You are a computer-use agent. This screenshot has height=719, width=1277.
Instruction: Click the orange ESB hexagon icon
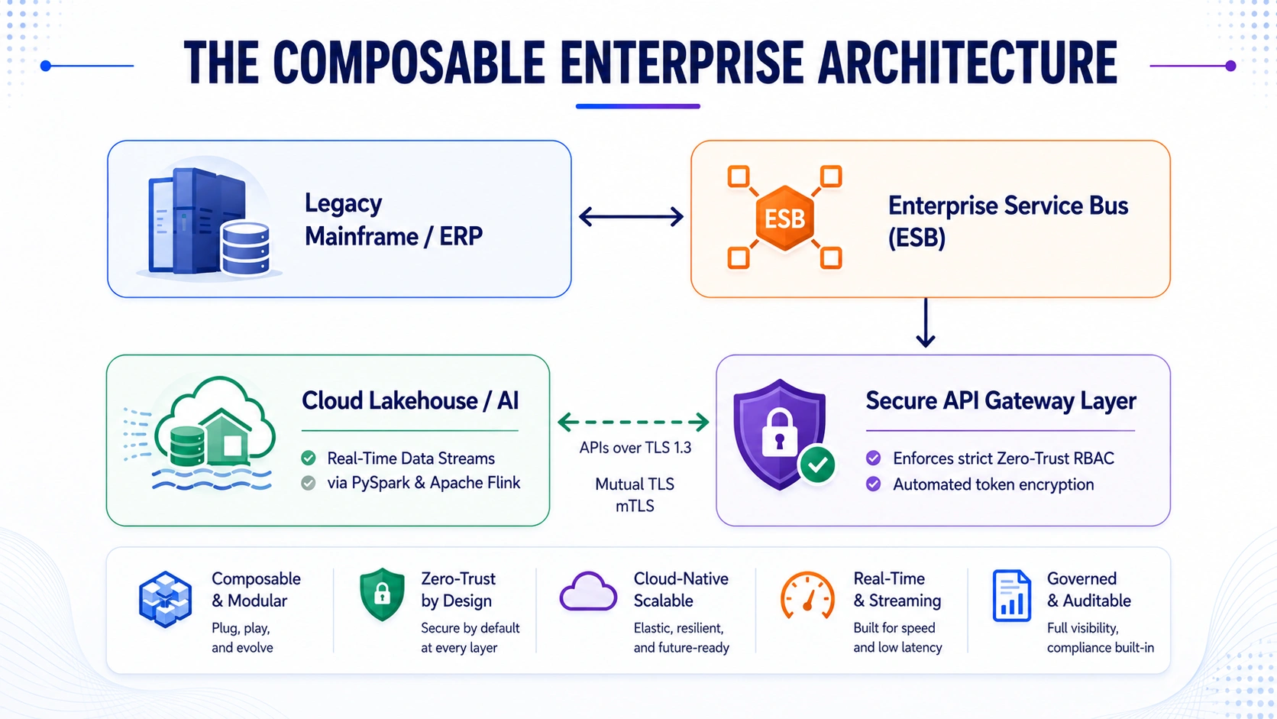point(784,218)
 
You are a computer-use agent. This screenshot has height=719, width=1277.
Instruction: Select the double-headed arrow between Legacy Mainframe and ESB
point(631,217)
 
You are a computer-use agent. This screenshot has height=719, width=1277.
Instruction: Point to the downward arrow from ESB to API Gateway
point(925,322)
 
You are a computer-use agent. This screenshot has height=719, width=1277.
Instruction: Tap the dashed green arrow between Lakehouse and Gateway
point(633,422)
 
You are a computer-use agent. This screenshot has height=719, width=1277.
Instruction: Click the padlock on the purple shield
point(779,432)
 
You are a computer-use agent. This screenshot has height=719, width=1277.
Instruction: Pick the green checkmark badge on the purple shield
point(817,465)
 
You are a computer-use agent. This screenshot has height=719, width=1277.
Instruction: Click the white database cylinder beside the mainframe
point(246,248)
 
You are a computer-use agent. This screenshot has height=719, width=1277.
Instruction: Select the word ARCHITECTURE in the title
point(968,63)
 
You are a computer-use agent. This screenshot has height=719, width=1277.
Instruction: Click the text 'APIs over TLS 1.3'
point(635,448)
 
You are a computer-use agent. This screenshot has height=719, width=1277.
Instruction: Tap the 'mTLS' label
point(635,506)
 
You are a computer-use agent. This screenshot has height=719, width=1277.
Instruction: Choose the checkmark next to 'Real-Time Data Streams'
point(309,458)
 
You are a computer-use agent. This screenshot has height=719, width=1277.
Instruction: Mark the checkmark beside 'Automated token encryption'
point(873,484)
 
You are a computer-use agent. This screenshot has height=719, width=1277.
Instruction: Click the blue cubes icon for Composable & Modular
point(165,599)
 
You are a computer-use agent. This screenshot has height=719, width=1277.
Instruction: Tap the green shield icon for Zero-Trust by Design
point(382,594)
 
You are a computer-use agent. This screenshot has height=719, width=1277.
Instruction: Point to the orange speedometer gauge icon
point(807,594)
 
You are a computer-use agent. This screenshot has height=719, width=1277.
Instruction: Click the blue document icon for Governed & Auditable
point(1012,595)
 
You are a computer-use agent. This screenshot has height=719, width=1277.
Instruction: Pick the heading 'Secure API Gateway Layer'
point(1001,401)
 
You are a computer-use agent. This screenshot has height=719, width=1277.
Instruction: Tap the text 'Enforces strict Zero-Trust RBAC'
point(1004,458)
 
